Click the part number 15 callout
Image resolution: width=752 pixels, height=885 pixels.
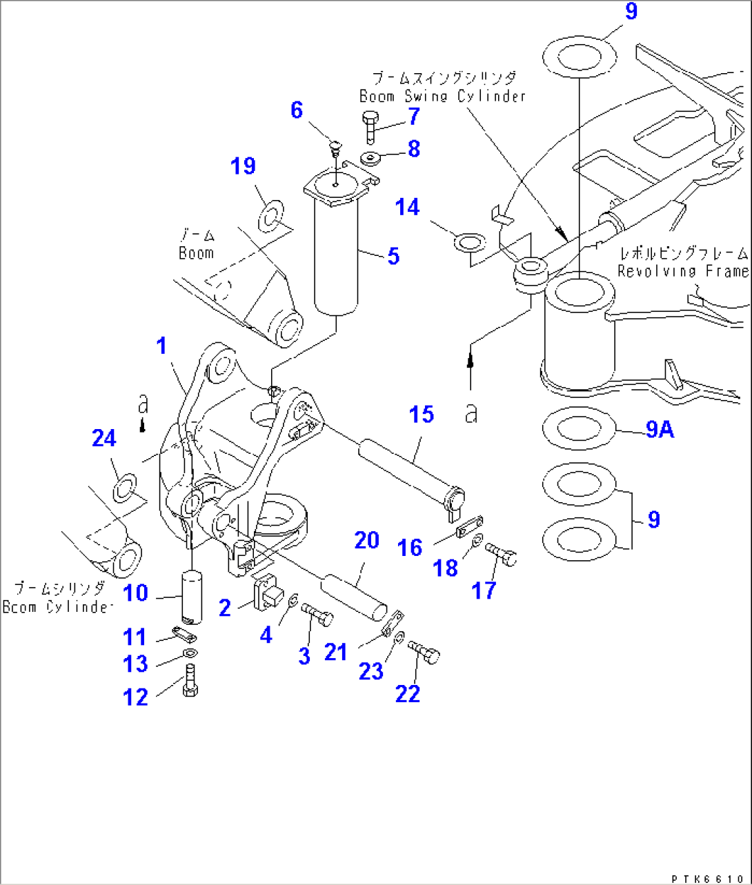[421, 415]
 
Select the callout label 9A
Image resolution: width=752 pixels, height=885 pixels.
[660, 430]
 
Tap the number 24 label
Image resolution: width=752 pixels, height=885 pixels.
[104, 438]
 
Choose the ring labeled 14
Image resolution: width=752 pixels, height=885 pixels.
[469, 242]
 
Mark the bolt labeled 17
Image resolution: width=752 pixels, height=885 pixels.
[502, 554]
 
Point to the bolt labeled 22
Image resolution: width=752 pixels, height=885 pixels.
[425, 652]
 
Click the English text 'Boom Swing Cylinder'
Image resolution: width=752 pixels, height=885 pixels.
[442, 97]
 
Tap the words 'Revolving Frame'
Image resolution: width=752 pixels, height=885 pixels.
[682, 271]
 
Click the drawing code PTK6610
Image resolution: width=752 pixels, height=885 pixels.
[707, 878]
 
